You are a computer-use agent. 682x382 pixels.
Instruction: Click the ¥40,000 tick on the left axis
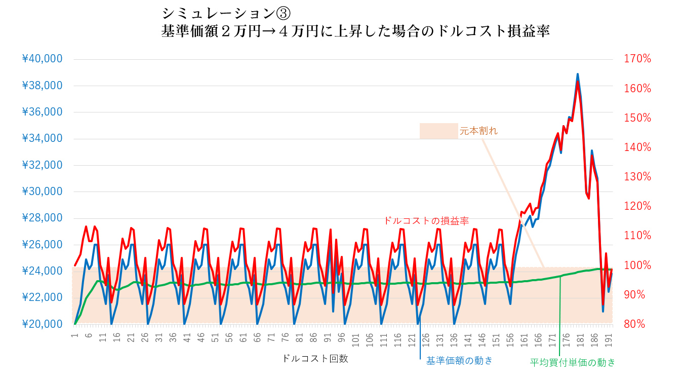pyautogui.click(x=43, y=59)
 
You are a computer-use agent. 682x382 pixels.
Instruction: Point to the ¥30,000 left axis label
pyautogui.click(x=43, y=192)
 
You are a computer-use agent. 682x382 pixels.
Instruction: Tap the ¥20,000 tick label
pyautogui.click(x=43, y=324)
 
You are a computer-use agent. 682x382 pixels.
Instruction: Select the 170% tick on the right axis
pyautogui.click(x=636, y=59)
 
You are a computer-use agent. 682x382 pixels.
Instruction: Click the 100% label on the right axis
pyautogui.click(x=636, y=265)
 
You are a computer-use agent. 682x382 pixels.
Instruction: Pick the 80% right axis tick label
pyautogui.click(x=634, y=324)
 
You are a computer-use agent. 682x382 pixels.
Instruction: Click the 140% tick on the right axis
pyautogui.click(x=636, y=147)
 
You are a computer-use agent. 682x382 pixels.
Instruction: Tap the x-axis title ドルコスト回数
pyautogui.click(x=315, y=359)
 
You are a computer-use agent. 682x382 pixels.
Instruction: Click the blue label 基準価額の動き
pyautogui.click(x=459, y=361)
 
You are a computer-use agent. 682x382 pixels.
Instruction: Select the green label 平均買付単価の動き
pyautogui.click(x=573, y=362)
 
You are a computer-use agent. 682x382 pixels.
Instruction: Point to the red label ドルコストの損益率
pyautogui.click(x=426, y=221)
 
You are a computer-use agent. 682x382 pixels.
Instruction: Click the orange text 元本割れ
pyautogui.click(x=478, y=131)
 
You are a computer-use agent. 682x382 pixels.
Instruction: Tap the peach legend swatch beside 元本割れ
pyautogui.click(x=438, y=131)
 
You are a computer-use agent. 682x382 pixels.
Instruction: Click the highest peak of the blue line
pyautogui.click(x=578, y=74)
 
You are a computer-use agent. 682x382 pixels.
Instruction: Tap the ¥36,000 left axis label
pyautogui.click(x=43, y=112)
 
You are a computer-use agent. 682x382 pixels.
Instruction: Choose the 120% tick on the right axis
pyautogui.click(x=636, y=206)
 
